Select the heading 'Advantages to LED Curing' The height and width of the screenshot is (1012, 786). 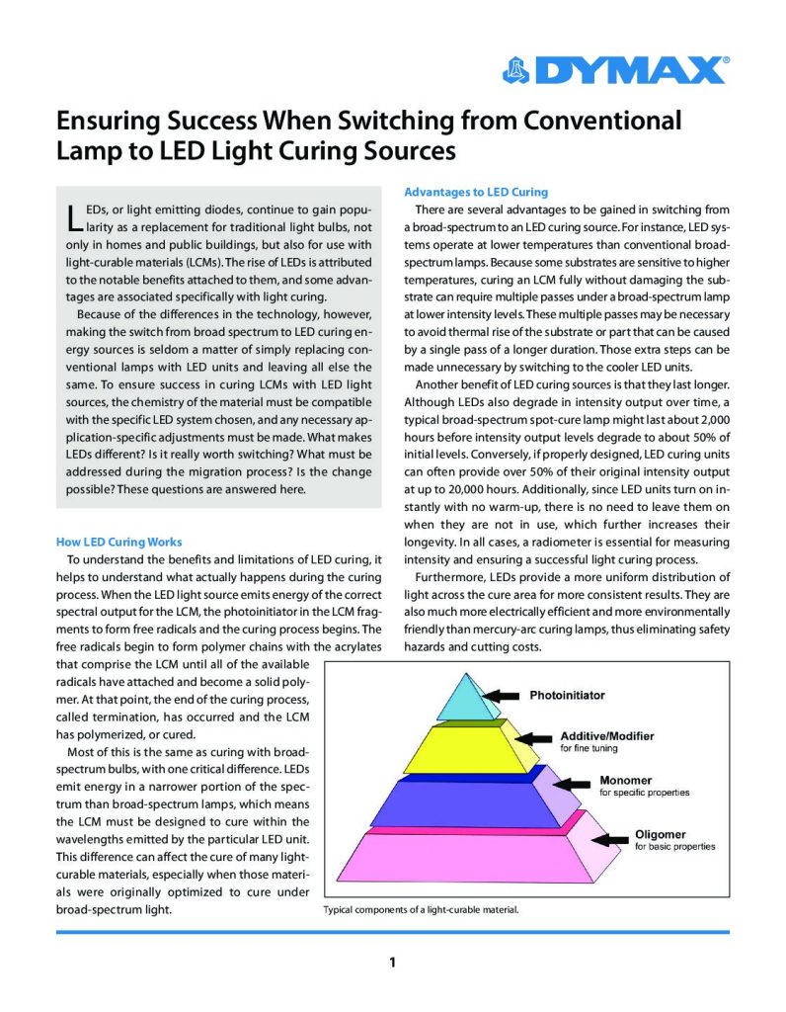pyautogui.click(x=476, y=192)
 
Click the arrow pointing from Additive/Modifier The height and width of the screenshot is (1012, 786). pyautogui.click(x=538, y=740)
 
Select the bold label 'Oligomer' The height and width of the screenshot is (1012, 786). pyautogui.click(x=661, y=834)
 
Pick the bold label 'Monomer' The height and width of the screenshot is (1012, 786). pyautogui.click(x=626, y=781)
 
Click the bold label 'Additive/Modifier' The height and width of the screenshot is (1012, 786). pyautogui.click(x=607, y=736)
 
